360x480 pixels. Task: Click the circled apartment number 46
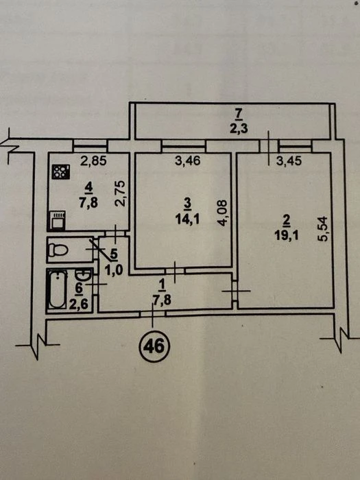154,346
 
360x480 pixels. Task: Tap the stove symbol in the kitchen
61,171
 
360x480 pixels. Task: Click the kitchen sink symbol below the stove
57,219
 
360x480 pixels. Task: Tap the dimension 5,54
323,229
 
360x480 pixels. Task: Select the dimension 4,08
223,213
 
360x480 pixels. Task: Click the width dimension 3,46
188,160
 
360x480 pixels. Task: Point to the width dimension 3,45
289,160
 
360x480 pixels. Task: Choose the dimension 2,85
93,160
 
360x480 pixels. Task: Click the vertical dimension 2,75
120,194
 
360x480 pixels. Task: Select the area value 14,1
187,219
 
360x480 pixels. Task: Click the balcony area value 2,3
239,128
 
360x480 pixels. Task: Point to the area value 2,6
78,304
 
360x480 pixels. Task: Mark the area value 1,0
113,271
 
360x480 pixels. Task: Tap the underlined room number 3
187,204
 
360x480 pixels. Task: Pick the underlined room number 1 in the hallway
163,286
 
